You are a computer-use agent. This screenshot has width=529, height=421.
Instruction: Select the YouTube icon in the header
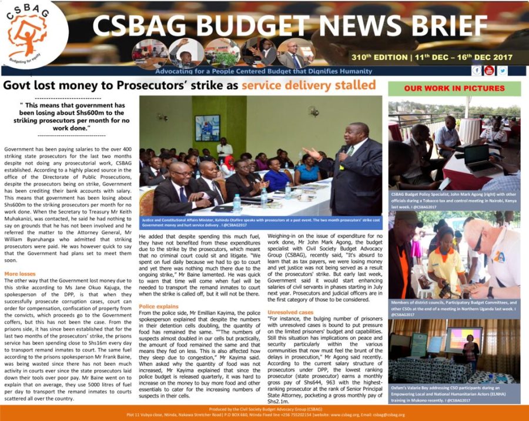point(489,71)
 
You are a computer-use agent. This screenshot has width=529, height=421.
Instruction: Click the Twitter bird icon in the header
point(503,71)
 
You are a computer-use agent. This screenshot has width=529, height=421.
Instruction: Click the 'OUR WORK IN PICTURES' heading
point(454,88)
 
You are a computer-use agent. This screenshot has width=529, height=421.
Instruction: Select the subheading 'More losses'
point(19,274)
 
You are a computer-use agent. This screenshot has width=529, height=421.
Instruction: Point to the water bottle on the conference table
point(236,203)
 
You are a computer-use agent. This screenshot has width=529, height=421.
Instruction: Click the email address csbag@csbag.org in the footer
point(386,415)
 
